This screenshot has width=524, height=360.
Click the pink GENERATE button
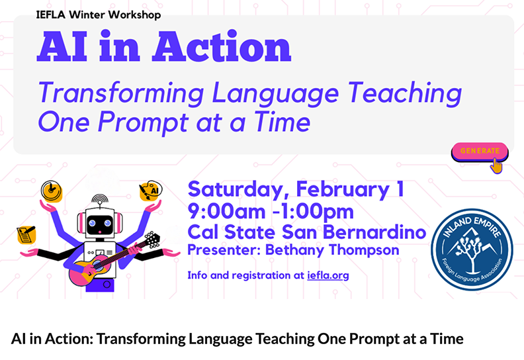pos(480,152)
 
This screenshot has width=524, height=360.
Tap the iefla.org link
pos(328,275)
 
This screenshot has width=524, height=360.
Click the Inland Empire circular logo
pos(472,249)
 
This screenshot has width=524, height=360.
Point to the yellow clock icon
pos(52,191)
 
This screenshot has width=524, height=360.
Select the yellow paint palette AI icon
pos(150,191)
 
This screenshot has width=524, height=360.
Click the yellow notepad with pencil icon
pos(26,234)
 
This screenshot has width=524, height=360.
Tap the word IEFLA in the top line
pos(51,15)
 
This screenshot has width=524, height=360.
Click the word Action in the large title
pos(222,46)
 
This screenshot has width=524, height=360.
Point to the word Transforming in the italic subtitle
pos(121,93)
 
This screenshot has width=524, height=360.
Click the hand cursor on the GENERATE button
pos(497,165)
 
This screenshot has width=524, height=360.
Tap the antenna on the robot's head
pos(100,200)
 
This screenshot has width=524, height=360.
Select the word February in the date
pos(342,189)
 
